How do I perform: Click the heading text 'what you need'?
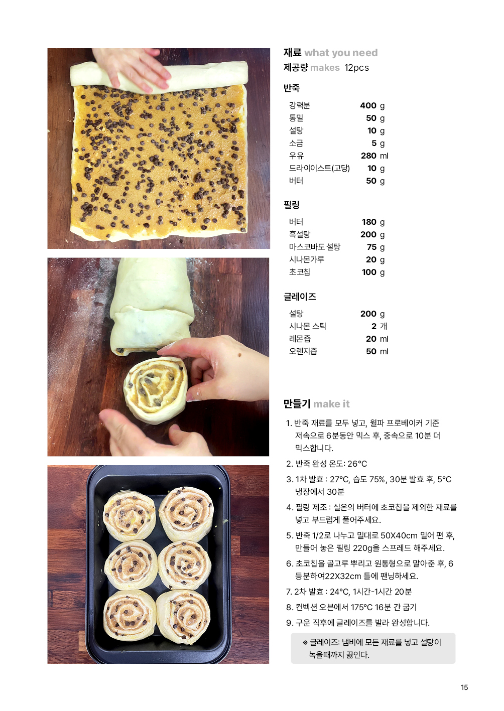[x=341, y=53]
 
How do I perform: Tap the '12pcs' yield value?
[x=356, y=68]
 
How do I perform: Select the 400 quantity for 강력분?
[x=368, y=105]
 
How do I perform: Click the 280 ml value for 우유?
[x=374, y=156]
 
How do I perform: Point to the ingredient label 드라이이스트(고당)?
[x=319, y=168]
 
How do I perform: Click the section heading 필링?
[x=292, y=205]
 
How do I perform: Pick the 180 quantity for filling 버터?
[x=369, y=222]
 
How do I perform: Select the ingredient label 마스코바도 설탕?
[x=315, y=247]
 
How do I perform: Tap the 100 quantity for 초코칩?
[x=369, y=272]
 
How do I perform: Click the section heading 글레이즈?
[x=300, y=297]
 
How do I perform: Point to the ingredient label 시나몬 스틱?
[x=308, y=326]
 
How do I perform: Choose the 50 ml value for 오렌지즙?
[x=377, y=351]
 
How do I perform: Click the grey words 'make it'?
[x=331, y=404]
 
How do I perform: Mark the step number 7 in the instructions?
[x=289, y=592]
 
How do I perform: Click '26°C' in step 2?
[x=357, y=464]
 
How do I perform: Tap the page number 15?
[x=464, y=687]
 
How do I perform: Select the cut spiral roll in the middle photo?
[x=156, y=389]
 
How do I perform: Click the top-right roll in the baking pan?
[x=186, y=513]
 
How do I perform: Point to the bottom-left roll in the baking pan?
[x=130, y=615]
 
